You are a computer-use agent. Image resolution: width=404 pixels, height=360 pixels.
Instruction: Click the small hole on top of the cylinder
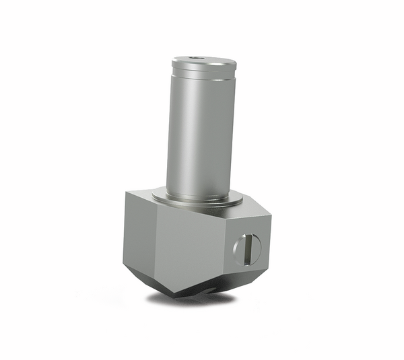click(197, 59)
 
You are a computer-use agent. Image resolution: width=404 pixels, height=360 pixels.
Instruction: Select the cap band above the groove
click(203, 67)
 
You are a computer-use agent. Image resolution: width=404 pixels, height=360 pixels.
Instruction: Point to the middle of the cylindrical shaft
click(200, 135)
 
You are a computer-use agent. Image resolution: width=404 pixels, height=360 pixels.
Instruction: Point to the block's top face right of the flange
click(250, 207)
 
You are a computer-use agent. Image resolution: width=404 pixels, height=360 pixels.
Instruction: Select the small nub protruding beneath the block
click(211, 291)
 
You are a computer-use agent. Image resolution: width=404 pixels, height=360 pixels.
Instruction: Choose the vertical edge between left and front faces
click(156, 242)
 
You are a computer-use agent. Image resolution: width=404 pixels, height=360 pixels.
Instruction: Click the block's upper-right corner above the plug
click(270, 216)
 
